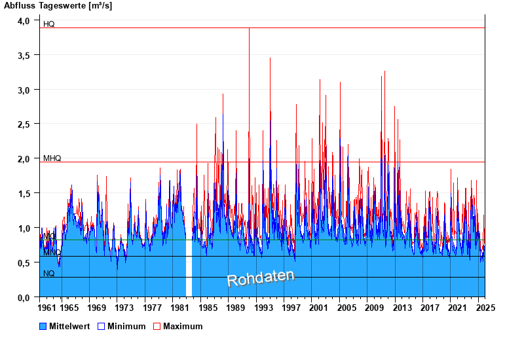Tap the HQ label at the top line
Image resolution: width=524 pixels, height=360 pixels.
click(49, 24)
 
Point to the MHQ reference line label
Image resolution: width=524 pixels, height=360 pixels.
click(52, 158)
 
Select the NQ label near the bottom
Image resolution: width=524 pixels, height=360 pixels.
click(49, 274)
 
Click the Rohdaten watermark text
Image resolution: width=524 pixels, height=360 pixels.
click(261, 278)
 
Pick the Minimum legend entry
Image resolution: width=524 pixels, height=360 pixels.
click(126, 326)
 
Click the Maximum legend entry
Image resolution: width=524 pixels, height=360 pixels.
click(183, 326)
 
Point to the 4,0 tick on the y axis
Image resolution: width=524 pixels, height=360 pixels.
click(24, 21)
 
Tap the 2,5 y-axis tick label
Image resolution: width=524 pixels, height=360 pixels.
click(24, 124)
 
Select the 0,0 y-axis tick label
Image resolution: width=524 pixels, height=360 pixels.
click(24, 298)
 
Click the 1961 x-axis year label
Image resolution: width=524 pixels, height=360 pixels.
click(48, 308)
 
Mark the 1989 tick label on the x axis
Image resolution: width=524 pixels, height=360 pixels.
click(236, 308)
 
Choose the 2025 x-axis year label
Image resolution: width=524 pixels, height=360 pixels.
click(485, 308)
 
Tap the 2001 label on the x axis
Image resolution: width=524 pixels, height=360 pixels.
click(319, 308)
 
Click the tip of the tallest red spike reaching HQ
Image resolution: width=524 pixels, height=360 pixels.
click(249, 29)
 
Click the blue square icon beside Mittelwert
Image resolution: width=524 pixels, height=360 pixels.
click(43, 326)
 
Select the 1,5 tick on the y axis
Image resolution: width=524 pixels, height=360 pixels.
click(24, 194)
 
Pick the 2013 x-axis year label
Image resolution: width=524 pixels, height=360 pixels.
click(402, 308)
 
